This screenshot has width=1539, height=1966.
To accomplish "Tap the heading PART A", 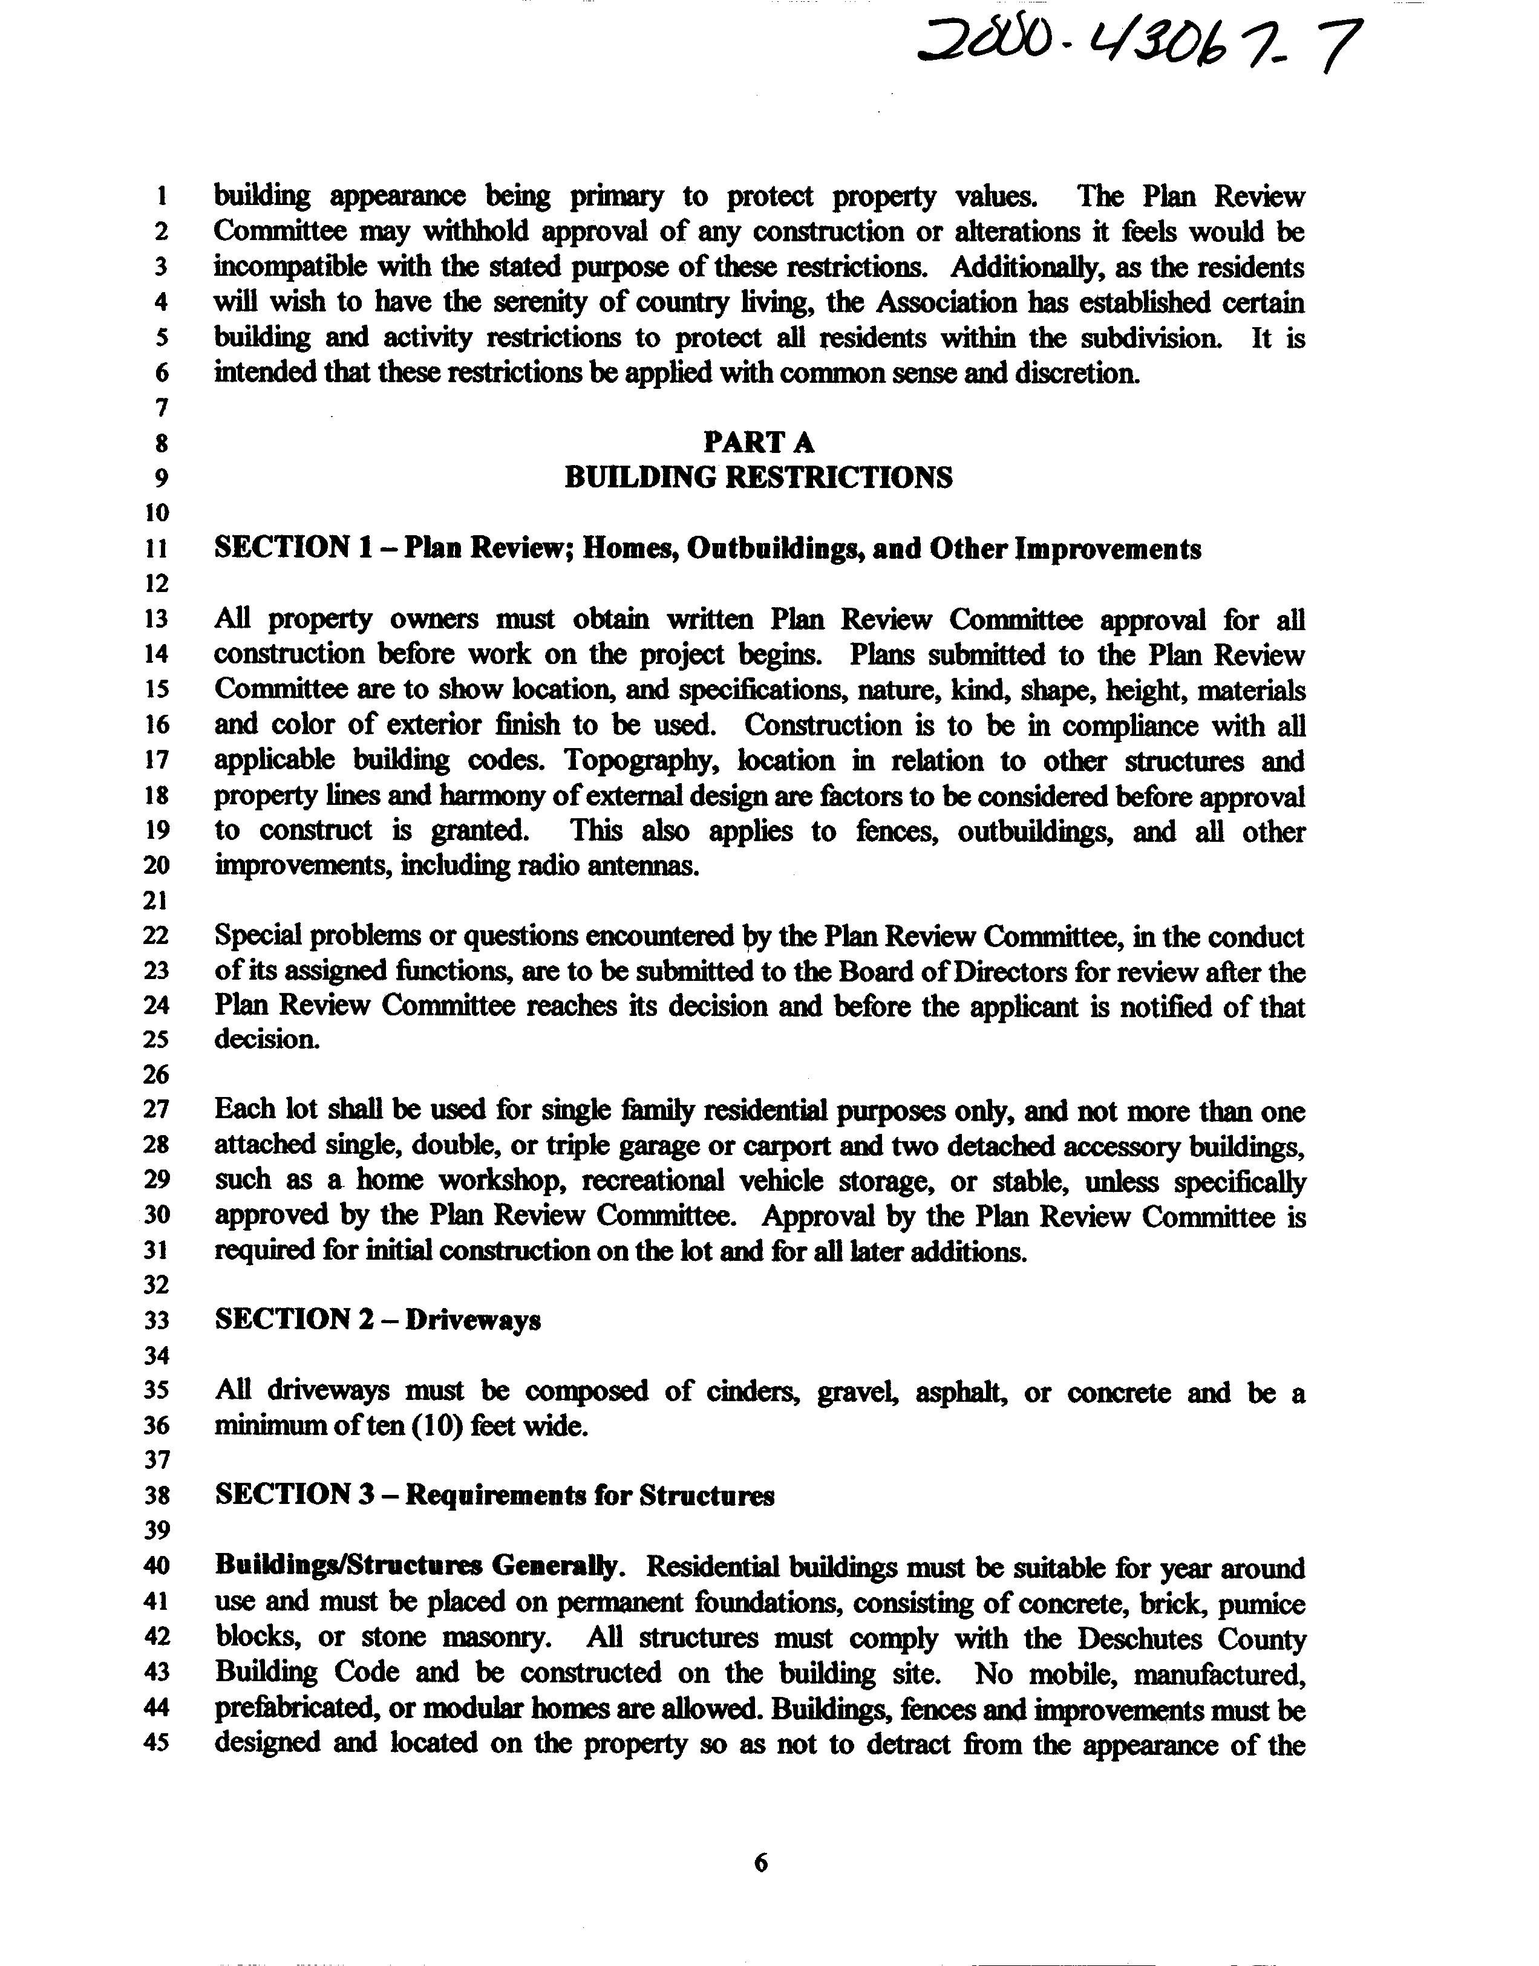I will point(759,442).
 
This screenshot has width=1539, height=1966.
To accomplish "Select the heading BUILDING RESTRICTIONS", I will point(758,477).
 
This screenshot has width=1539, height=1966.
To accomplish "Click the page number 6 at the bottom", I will point(760,1863).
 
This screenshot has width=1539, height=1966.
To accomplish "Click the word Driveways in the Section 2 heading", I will point(473,1320).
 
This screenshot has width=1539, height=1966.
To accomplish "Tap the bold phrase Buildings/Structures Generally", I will point(418,1566).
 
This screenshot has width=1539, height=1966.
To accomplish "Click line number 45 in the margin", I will point(156,1743).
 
